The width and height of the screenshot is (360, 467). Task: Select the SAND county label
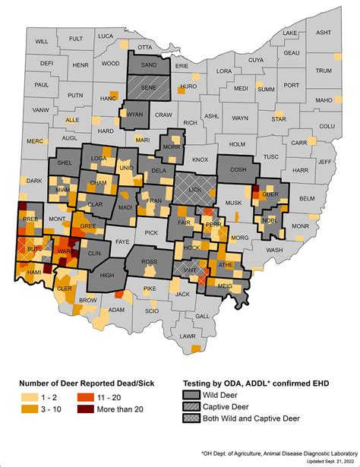(x=149, y=66)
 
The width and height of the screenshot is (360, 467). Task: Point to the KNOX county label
(x=200, y=159)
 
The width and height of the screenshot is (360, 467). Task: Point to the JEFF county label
(x=326, y=162)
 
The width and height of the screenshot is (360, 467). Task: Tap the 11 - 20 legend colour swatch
(x=85, y=398)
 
